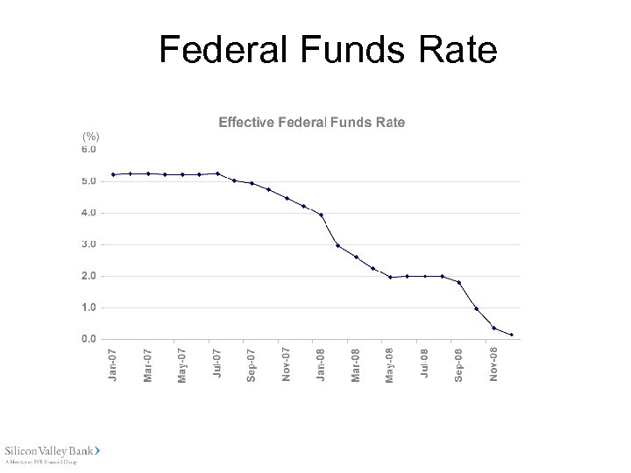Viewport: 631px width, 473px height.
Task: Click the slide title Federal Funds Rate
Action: coord(328,50)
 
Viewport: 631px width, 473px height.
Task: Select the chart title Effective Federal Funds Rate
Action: coord(311,123)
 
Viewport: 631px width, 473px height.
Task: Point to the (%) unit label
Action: coord(91,138)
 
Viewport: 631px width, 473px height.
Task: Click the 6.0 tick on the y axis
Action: coord(89,150)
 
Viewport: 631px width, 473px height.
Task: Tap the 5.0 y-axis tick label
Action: coord(89,181)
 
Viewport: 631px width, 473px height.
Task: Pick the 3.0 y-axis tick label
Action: coord(89,244)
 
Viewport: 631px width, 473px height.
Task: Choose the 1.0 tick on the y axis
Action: coord(89,307)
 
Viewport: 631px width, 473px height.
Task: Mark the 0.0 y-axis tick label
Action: coord(89,339)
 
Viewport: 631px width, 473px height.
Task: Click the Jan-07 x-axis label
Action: coord(112,364)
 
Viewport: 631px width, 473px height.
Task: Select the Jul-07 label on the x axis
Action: coord(216,364)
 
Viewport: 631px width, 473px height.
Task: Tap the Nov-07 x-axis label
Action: coord(286,364)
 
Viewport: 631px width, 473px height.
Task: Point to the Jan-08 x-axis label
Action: coord(321,364)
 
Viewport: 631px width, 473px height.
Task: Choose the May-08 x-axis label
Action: coord(390,364)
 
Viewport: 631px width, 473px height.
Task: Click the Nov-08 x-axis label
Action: coord(494,364)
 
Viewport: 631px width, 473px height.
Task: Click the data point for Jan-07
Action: coord(114,174)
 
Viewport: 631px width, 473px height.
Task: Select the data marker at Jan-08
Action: coord(322,215)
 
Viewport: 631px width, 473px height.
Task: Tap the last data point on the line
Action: coord(512,335)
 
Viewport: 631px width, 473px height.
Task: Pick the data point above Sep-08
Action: coord(459,282)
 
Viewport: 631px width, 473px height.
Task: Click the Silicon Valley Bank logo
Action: coord(53,452)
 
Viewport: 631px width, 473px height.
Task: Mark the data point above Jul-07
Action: coord(217,173)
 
